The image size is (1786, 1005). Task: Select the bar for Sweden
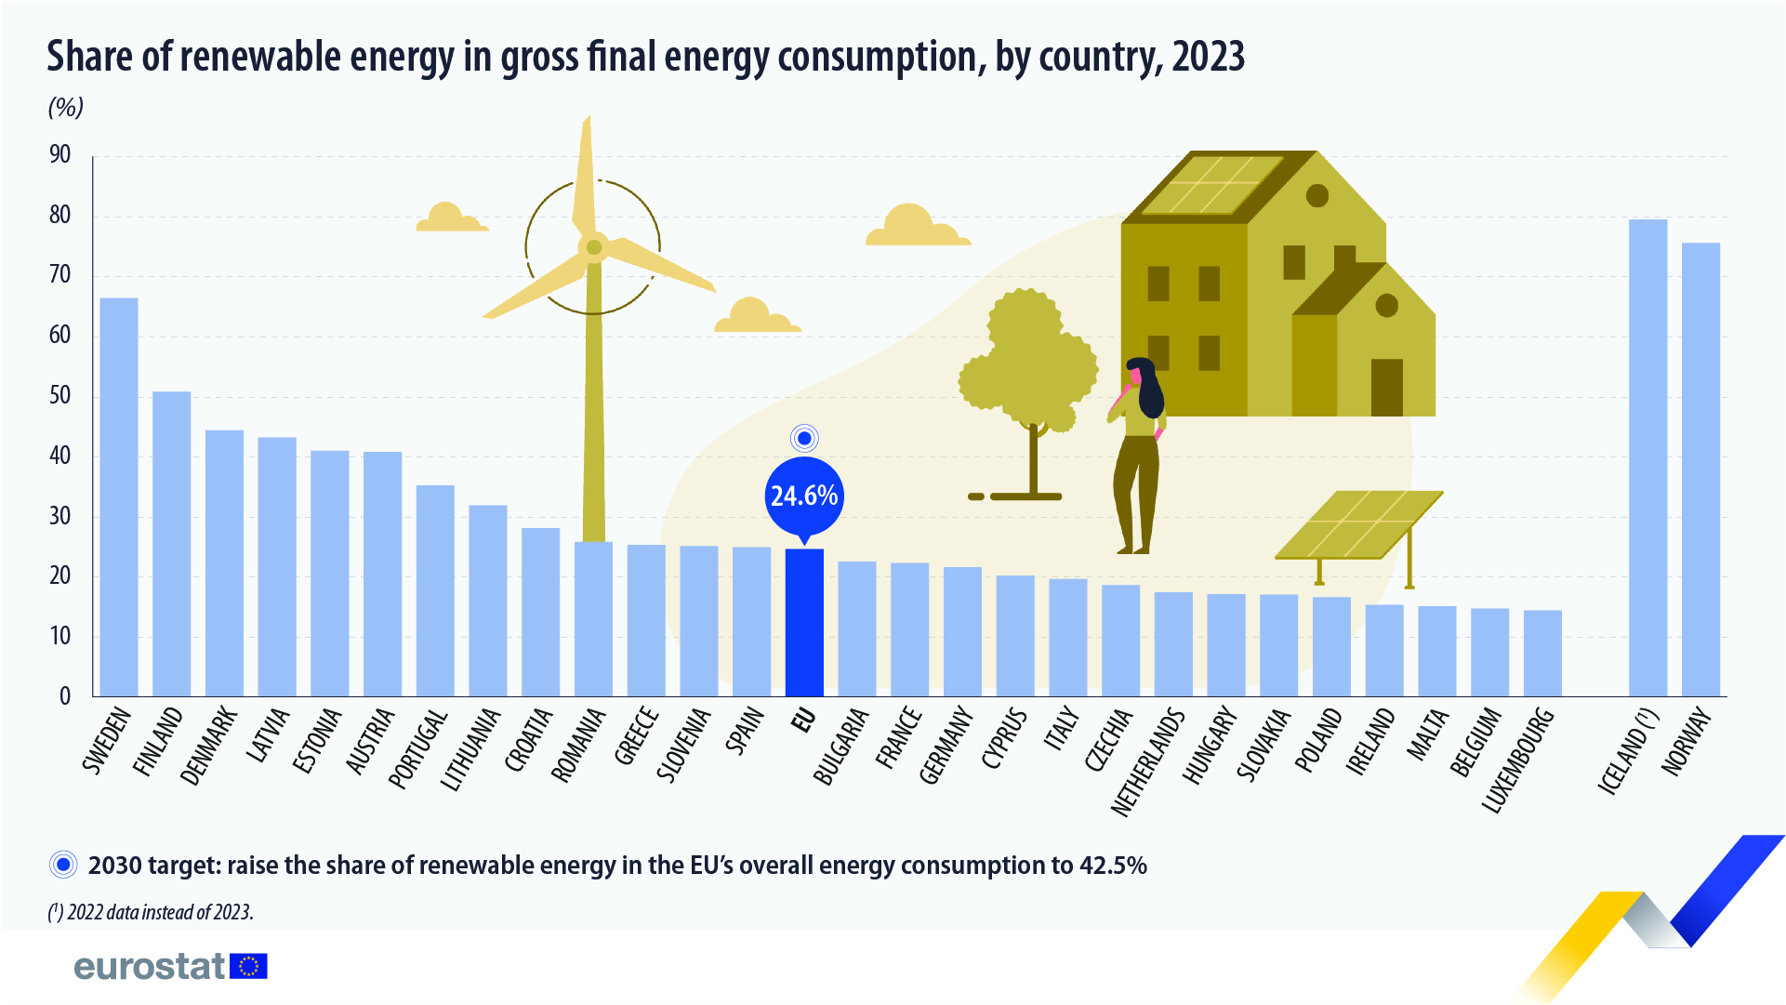click(x=119, y=497)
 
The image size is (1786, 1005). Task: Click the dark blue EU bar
click(x=804, y=623)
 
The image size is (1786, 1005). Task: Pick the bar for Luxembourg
click(x=1542, y=654)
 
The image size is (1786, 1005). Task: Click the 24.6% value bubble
click(x=804, y=496)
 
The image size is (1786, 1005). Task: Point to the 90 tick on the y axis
click(x=60, y=155)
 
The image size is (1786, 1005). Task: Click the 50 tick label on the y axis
click(x=60, y=396)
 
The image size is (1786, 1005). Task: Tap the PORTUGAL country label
click(x=418, y=748)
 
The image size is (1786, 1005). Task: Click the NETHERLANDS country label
click(x=1148, y=762)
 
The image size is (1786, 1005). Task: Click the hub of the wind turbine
click(x=593, y=247)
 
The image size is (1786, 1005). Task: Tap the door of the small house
click(x=1386, y=387)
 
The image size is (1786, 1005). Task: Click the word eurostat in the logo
click(x=149, y=967)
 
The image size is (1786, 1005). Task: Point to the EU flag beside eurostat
click(x=248, y=967)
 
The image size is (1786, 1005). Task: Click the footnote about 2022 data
click(x=151, y=912)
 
